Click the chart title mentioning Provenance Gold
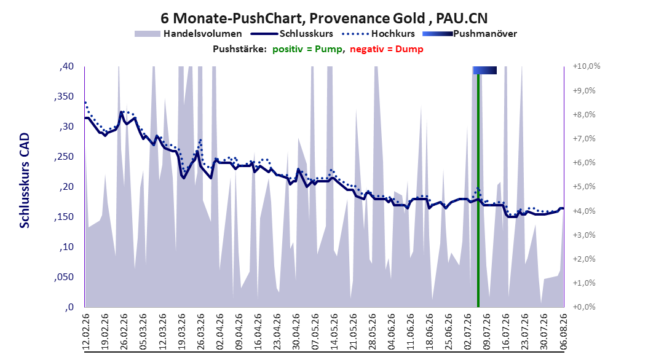pos(324,18)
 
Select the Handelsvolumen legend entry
pos(189,34)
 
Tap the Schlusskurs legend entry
pos(292,34)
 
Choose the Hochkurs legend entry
pos(379,34)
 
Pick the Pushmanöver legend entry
pos(470,34)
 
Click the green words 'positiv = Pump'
pos(307,49)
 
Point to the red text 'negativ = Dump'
pos(387,49)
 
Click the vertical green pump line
pos(478,190)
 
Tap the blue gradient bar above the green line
pos(484,71)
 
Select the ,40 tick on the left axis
pos(66,66)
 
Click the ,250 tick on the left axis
pos(64,157)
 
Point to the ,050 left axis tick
pos(64,277)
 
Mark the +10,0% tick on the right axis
pos(587,66)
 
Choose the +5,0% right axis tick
pos(584,187)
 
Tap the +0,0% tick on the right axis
pos(584,307)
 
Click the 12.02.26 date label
pos(86,332)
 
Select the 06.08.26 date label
pos(563,332)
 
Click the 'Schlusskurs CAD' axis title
pos(25,181)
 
